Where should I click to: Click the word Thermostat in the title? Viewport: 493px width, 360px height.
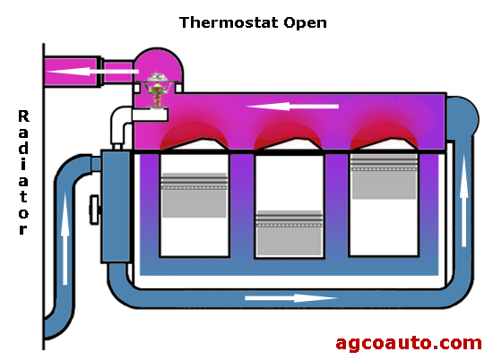click(229, 22)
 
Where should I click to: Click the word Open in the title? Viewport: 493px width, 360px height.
click(305, 23)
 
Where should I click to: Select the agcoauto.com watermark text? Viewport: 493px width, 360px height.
click(409, 343)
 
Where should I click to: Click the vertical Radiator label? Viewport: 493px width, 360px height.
click(23, 172)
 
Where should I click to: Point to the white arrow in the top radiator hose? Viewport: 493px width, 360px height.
click(92, 72)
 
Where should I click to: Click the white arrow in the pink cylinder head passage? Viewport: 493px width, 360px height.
click(292, 107)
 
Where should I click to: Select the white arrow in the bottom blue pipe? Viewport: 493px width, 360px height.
click(291, 298)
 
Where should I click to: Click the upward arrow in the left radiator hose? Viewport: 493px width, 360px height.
click(65, 239)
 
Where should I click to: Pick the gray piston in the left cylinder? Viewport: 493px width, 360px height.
click(195, 195)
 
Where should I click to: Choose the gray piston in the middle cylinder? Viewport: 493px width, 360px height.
click(290, 233)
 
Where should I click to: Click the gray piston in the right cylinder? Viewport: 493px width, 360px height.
click(385, 176)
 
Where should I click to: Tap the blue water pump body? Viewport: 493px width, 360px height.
click(116, 206)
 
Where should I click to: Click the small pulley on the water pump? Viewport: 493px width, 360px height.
click(94, 210)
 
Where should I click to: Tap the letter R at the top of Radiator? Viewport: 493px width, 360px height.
click(23, 116)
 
